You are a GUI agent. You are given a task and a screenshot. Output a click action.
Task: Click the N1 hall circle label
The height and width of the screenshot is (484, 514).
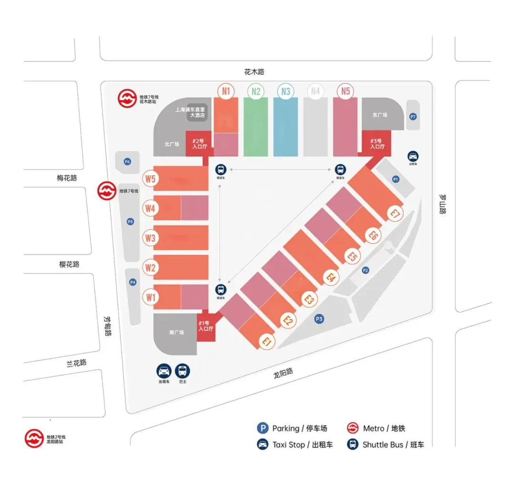pos(226,91)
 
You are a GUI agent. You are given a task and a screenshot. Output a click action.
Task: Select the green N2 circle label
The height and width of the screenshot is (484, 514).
pos(256,91)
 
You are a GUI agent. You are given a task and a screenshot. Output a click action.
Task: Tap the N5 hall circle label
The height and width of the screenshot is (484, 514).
pos(346,91)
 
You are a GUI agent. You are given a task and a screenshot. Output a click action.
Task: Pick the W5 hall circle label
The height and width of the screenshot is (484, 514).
pos(150,179)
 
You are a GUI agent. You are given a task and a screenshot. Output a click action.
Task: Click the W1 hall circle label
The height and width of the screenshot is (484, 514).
pos(150,298)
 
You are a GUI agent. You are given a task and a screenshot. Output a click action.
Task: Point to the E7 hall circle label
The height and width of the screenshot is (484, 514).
pos(395,214)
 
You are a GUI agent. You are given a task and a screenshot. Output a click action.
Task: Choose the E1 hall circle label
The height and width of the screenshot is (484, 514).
pos(267,341)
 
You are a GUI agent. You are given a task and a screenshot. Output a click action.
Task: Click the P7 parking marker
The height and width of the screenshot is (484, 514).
pos(413,117)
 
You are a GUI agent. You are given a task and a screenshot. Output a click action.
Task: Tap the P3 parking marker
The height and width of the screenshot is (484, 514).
pos(319,319)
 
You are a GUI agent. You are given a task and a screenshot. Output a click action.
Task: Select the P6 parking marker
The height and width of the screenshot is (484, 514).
pos(127,162)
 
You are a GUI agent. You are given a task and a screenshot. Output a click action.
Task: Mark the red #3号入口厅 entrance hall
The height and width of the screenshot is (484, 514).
pos(377,143)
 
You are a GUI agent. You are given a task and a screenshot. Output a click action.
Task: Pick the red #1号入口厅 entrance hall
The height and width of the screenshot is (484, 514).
pos(206,326)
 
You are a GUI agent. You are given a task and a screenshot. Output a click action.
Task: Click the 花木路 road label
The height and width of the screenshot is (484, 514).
pos(254,72)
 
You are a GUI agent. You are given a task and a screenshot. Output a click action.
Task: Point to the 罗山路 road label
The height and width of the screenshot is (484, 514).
pos(442,204)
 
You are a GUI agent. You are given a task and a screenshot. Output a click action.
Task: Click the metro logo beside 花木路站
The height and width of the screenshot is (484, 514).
pos(128,99)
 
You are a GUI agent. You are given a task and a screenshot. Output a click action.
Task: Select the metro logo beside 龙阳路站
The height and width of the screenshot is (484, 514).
pos(34,438)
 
